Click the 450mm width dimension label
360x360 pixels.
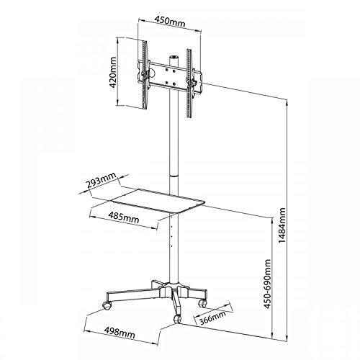[x=170, y=22]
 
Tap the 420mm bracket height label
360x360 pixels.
[x=113, y=72]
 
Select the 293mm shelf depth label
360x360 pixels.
[x=101, y=181]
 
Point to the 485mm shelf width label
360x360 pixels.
[x=124, y=217]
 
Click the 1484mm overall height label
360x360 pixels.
[x=282, y=225]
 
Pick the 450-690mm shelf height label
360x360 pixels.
[x=267, y=284]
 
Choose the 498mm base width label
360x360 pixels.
[x=120, y=333]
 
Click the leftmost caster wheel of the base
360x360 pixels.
[x=107, y=305]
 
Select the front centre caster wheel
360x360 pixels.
[x=178, y=319]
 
